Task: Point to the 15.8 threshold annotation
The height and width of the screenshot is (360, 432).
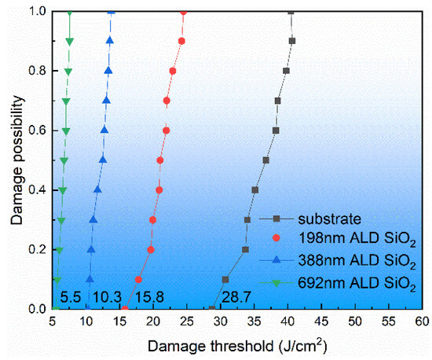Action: (149, 297)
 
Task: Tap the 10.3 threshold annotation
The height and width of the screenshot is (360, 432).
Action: (107, 297)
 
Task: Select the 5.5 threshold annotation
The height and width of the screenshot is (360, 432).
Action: (71, 297)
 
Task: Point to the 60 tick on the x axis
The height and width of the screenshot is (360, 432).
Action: (422, 322)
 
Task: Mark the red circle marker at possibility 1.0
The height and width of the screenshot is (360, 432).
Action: (184, 12)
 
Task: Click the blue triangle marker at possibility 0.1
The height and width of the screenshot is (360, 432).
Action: (90, 279)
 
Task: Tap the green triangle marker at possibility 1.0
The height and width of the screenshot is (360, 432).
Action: (69, 12)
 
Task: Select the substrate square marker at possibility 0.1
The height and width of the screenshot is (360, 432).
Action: (225, 279)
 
